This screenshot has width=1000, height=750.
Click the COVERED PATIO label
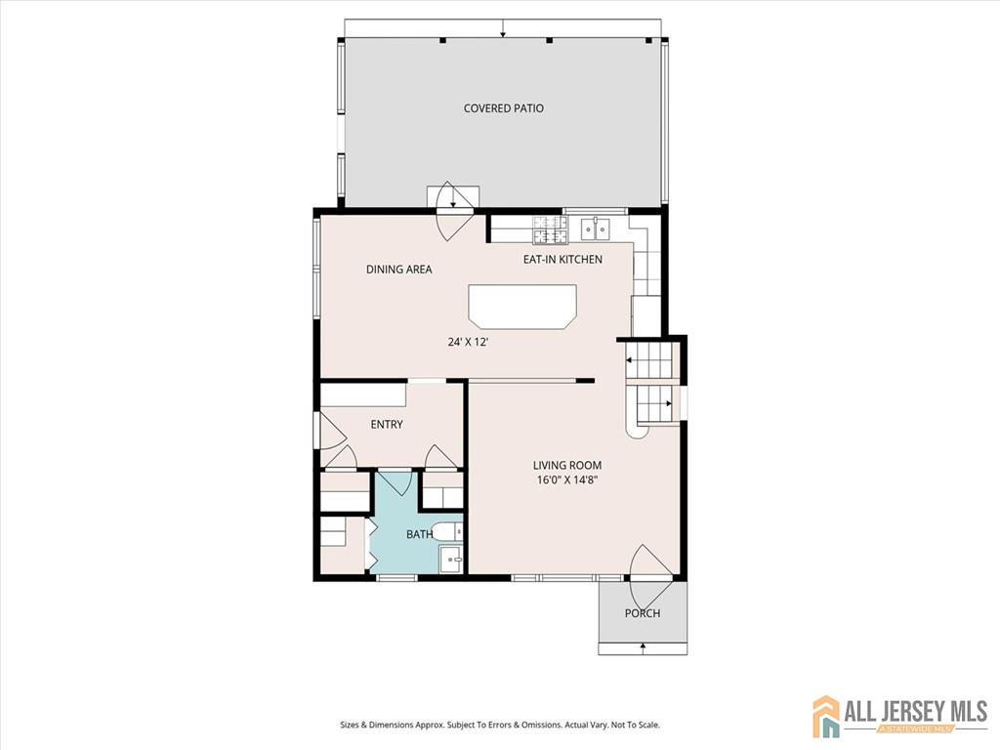[503, 108]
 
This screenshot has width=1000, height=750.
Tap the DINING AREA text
[398, 270]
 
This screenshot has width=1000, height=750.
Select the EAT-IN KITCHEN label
[562, 260]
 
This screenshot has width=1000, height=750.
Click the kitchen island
[522, 306]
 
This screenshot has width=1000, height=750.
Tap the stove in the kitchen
[549, 229]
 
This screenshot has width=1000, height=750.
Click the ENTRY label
[387, 425]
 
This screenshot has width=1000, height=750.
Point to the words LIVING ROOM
[566, 466]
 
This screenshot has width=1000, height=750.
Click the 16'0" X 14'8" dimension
[566, 480]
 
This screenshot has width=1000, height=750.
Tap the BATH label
[419, 534]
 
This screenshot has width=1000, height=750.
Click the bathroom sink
[451, 560]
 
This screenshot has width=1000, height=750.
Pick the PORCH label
[643, 613]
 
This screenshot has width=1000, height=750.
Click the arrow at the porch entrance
[643, 646]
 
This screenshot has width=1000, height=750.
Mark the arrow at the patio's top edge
[503, 30]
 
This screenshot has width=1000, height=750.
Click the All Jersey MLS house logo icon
[826, 716]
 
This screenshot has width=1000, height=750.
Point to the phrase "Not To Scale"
[635, 725]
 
